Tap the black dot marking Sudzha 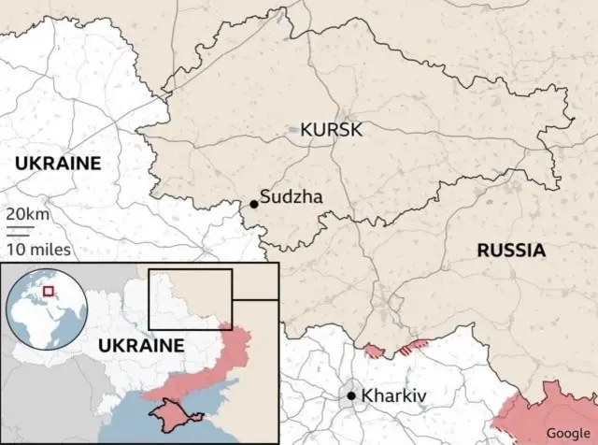[x=253, y=203]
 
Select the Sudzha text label [x=291, y=197]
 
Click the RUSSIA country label [x=510, y=250]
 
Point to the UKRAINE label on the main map [x=57, y=164]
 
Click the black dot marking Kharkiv [x=351, y=396]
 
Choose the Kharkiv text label [x=392, y=396]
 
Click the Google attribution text [x=568, y=432]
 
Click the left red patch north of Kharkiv [x=374, y=352]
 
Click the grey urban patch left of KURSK [x=294, y=131]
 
